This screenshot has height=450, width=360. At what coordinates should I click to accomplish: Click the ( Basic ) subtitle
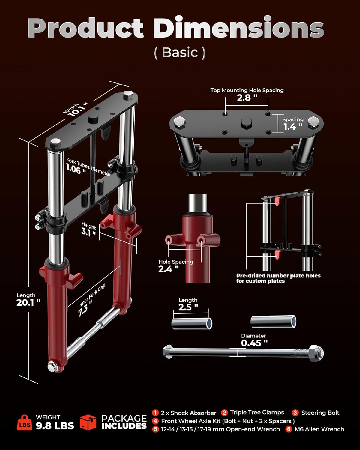tap(180, 52)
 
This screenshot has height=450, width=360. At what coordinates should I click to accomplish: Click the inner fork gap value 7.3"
tap(85, 310)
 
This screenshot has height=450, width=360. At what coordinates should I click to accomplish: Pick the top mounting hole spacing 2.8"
tap(247, 97)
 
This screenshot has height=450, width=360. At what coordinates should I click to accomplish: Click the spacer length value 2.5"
tap(188, 307)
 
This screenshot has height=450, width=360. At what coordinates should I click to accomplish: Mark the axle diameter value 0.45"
tap(254, 343)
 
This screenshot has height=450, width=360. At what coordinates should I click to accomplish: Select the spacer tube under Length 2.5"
tap(192, 324)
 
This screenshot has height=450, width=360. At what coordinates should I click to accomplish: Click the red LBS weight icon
tap(24, 422)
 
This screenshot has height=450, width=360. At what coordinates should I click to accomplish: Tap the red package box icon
tap(88, 422)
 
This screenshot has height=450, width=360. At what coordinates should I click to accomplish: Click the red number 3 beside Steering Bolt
tap(295, 413)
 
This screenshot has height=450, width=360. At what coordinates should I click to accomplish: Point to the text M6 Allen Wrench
tap(319, 429)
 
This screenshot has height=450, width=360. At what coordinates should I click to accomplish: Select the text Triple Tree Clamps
tap(257, 412)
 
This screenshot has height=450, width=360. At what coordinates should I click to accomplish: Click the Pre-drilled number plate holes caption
tap(278, 278)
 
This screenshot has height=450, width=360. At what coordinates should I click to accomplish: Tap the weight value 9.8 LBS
tap(55, 426)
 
